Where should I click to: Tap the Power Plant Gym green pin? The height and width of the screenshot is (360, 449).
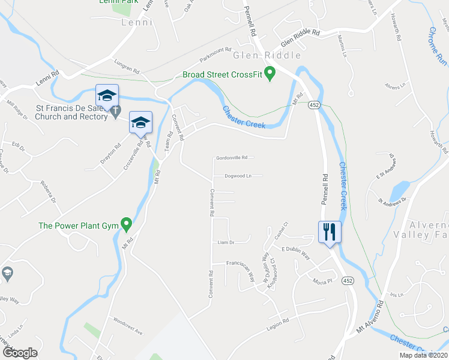[x=126, y=225]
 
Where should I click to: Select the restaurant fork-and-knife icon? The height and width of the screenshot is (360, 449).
[x=330, y=232]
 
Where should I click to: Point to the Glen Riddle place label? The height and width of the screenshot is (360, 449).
[x=267, y=56]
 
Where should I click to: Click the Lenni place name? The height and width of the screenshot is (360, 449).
[x=136, y=22]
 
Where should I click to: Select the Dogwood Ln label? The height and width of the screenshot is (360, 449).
[x=237, y=176]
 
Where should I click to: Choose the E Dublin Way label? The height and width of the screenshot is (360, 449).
[x=295, y=253]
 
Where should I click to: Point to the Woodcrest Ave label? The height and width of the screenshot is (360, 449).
[x=130, y=331]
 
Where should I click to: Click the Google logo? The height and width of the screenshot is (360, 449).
[x=20, y=353]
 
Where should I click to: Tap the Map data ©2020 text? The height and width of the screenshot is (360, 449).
[x=424, y=355]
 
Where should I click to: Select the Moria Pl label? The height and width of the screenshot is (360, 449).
[x=322, y=281]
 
